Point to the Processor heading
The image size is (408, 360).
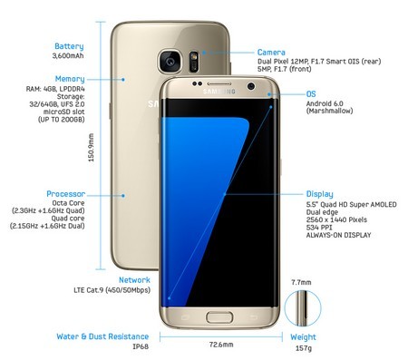pyautogui.click(x=67, y=194)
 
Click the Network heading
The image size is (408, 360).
pyautogui.click(x=134, y=281)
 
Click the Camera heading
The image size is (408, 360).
pyautogui.click(x=272, y=53)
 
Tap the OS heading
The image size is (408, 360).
pyautogui.click(x=312, y=94)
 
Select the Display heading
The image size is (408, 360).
pyautogui.click(x=320, y=194)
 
